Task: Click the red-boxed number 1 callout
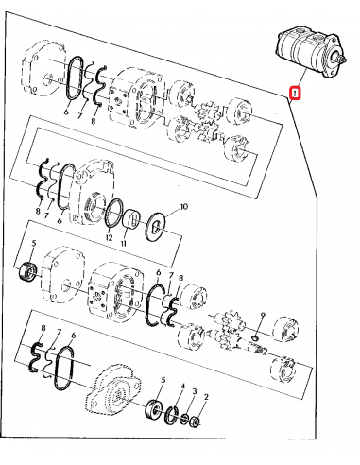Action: pos(296,94)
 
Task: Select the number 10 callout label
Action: pos(183,205)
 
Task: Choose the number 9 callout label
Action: pos(263,315)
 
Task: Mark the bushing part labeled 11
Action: pos(133,219)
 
